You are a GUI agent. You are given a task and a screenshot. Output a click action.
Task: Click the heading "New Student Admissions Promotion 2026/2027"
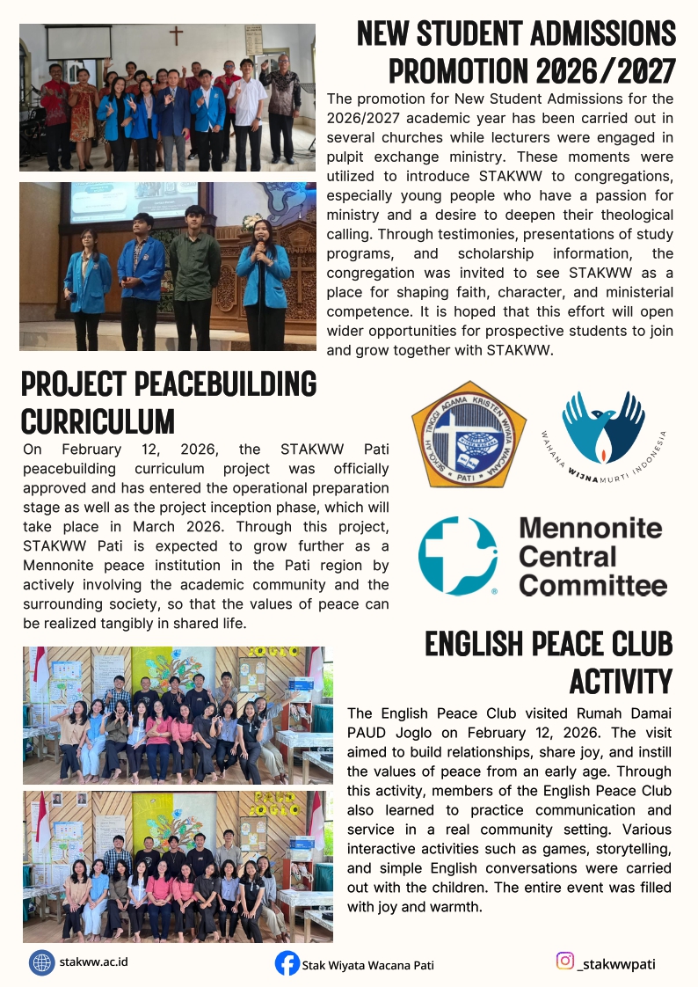click(516, 51)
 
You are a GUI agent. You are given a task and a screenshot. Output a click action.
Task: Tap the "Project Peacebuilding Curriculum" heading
click(168, 402)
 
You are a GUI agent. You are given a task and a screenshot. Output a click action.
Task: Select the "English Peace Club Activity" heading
click(549, 662)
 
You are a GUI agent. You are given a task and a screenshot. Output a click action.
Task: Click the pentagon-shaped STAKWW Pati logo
click(469, 434)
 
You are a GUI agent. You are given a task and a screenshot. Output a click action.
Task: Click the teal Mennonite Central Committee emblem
click(458, 556)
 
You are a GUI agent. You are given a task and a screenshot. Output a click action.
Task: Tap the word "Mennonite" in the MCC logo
click(590, 528)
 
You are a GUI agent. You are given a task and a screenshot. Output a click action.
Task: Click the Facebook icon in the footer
click(287, 963)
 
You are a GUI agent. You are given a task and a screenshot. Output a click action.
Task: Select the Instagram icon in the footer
click(565, 961)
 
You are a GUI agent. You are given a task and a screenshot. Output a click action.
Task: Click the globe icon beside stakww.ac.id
click(40, 962)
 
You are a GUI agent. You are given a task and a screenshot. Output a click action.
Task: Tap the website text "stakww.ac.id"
click(93, 961)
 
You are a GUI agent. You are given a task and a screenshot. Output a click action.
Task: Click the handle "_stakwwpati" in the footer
click(616, 963)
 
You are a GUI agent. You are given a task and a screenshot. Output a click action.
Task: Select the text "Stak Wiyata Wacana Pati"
click(367, 965)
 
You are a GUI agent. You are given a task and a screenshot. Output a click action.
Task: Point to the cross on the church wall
click(176, 35)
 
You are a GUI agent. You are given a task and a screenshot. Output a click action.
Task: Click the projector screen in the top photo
click(79, 42)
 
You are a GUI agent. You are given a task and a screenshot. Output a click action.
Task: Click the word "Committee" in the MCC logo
click(593, 584)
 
